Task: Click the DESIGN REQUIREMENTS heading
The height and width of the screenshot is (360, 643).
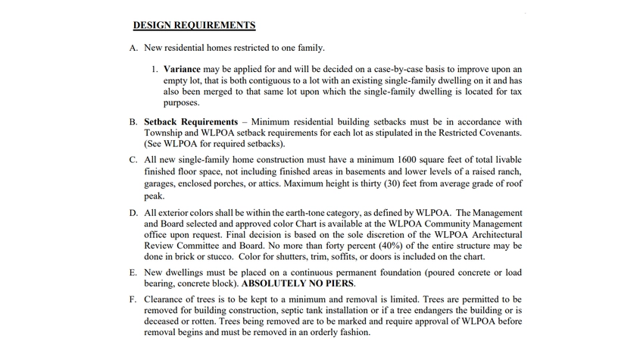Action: pos(194,25)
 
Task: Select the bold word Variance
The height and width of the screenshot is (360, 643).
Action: pos(182,69)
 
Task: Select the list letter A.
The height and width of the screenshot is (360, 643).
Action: pos(133,49)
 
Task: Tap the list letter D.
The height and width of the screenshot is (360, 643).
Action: pos(133,213)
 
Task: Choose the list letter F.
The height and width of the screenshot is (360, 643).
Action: pos(133,299)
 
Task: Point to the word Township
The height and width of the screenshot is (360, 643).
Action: pos(164,133)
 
